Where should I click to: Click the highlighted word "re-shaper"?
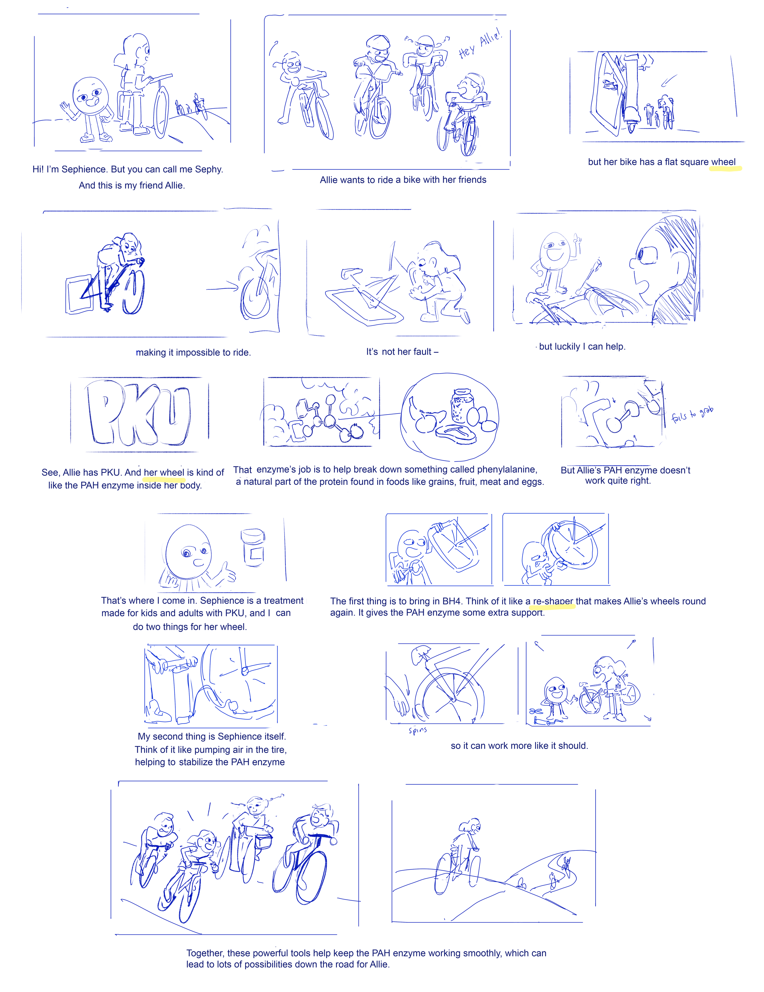coord(553,601)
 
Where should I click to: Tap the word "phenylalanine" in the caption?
coord(507,469)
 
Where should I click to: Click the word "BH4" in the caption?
coord(452,601)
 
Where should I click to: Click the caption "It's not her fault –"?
coord(402,352)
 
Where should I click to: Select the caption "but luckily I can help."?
coord(582,347)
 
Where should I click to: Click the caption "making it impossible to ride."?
coord(193,352)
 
